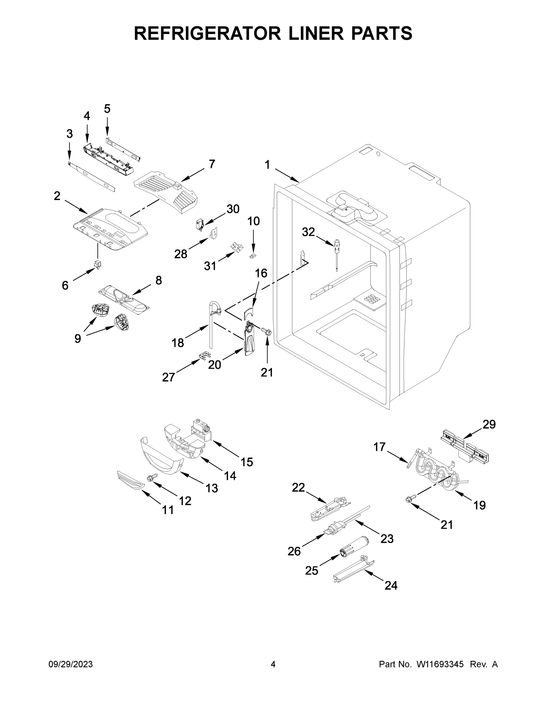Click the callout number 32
coord(308,232)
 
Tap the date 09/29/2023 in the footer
coord(71,664)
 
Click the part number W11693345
coord(440,664)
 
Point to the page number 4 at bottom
coord(273,664)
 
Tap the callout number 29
coord(489,424)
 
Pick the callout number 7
coord(212,164)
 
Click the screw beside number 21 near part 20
coord(267,332)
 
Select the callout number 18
coord(178,343)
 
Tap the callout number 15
coord(246,462)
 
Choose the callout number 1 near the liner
coord(267,165)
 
